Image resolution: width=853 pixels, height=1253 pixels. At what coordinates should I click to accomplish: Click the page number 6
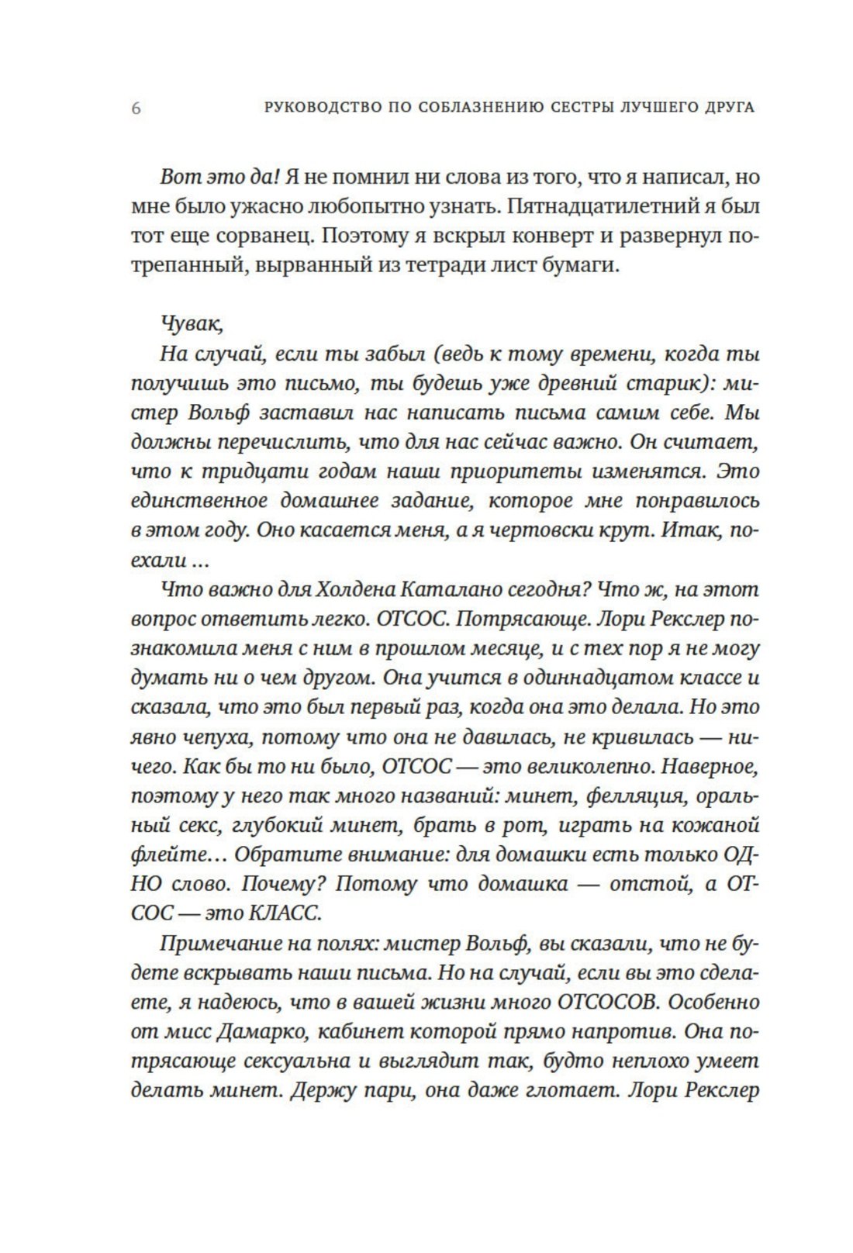pos(136,108)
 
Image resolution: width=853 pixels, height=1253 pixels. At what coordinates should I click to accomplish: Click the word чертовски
pos(547,530)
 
